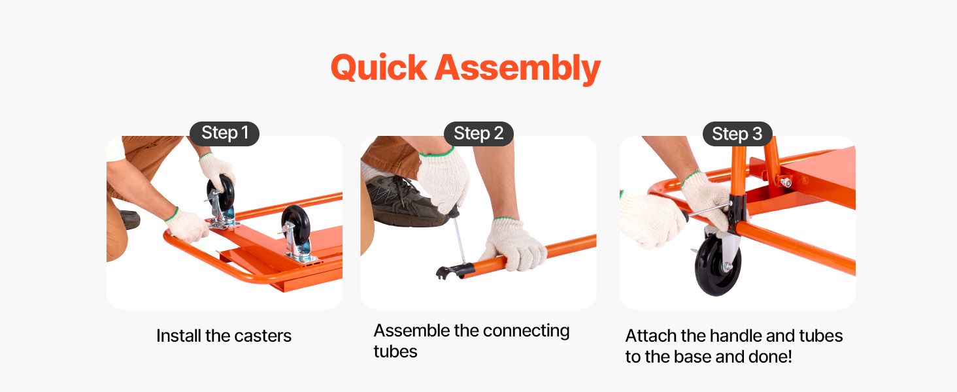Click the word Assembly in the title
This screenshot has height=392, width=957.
(x=518, y=69)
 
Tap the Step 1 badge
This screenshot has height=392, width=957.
(x=225, y=133)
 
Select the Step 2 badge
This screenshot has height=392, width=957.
(x=478, y=133)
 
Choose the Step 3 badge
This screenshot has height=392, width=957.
(x=737, y=134)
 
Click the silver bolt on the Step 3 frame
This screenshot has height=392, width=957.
(x=785, y=183)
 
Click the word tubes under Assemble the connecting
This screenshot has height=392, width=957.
(x=395, y=352)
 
